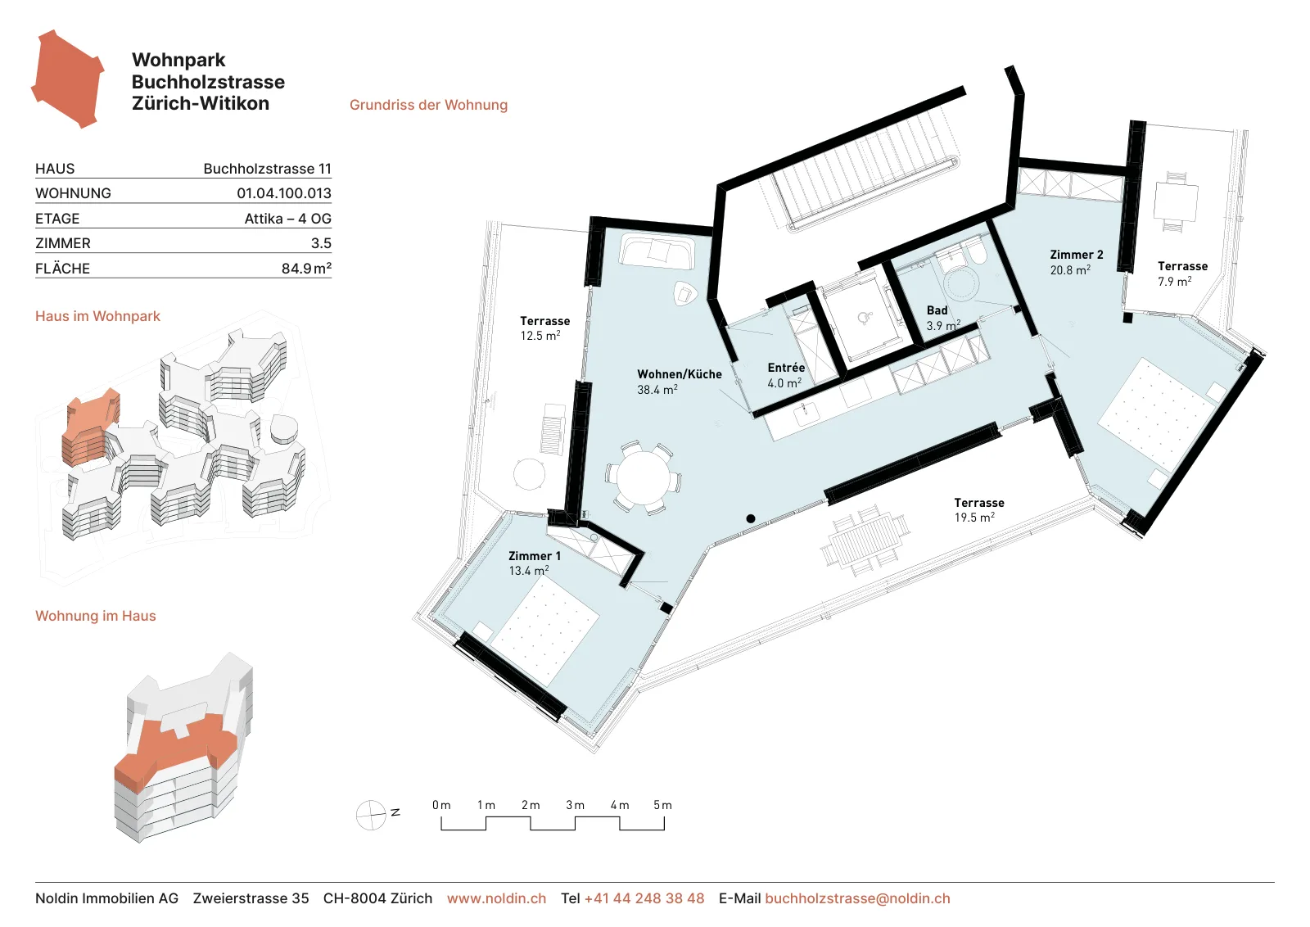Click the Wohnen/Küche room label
[x=679, y=374]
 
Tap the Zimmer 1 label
[x=535, y=556]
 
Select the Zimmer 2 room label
[x=1077, y=255]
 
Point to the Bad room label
[x=937, y=310]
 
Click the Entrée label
[x=786, y=368]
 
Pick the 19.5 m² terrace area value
[x=974, y=518]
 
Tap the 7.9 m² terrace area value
[x=1174, y=282]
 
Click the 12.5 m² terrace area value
[x=540, y=336]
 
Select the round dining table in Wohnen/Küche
[x=644, y=477]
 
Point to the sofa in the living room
[x=657, y=252]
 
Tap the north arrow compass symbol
[x=372, y=815]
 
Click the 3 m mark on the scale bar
[x=575, y=805]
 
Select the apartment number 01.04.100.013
[x=284, y=193]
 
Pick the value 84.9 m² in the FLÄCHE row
[x=306, y=269]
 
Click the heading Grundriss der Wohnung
[x=429, y=106]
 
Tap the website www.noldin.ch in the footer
[x=496, y=898]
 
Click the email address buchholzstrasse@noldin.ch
[x=857, y=898]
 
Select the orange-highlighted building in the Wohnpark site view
[x=90, y=427]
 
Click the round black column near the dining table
[x=750, y=518]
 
